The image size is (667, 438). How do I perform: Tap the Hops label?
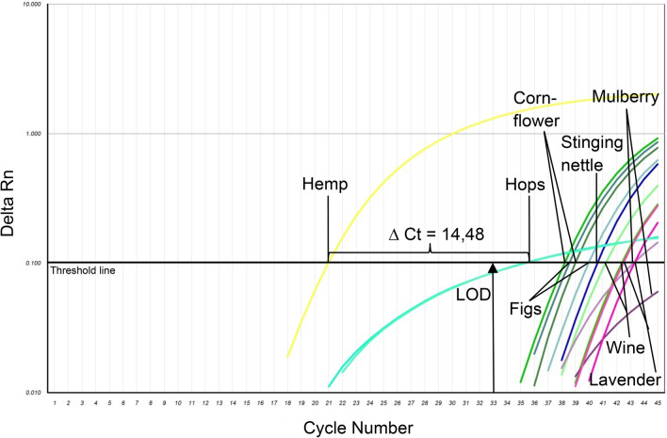(526, 186)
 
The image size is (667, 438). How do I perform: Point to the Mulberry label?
(625, 97)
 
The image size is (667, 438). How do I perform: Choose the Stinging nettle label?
(593, 153)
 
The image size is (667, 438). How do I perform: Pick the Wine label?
(625, 349)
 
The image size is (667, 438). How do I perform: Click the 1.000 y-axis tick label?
(33, 134)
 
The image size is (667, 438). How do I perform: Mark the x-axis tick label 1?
(56, 403)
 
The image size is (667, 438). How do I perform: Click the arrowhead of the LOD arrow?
(493, 270)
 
